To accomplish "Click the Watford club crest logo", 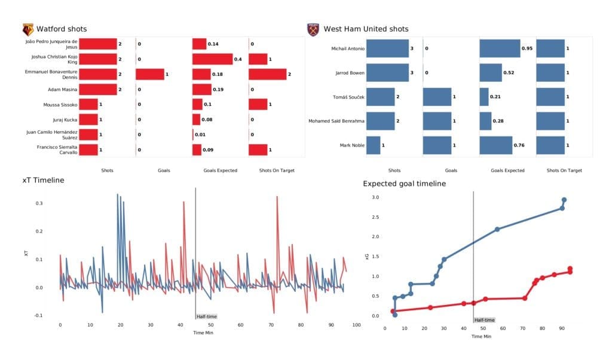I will [x=27, y=29].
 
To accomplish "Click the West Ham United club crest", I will [x=313, y=29].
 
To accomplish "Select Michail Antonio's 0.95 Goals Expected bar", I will [x=500, y=48].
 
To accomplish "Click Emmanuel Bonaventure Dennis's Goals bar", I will [x=149, y=74].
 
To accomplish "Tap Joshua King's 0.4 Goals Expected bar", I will [x=212, y=59].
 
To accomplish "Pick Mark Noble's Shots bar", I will [x=373, y=145].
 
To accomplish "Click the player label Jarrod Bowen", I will [x=347, y=72].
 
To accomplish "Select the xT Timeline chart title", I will [x=44, y=179].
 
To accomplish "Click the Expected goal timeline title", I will [x=404, y=184].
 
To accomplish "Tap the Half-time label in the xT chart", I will [x=206, y=316].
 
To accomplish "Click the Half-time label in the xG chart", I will [x=484, y=320].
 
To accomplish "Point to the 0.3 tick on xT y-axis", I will [x=39, y=203].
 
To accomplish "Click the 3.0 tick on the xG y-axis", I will [x=375, y=197].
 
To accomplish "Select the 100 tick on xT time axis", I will [x=356, y=325].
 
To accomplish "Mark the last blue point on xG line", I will [x=564, y=200].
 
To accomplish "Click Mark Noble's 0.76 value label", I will [x=519, y=145].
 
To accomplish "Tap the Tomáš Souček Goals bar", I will [x=437, y=97].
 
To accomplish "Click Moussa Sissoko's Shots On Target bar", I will [x=257, y=104].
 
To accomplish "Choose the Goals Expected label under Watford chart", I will [x=216, y=170].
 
